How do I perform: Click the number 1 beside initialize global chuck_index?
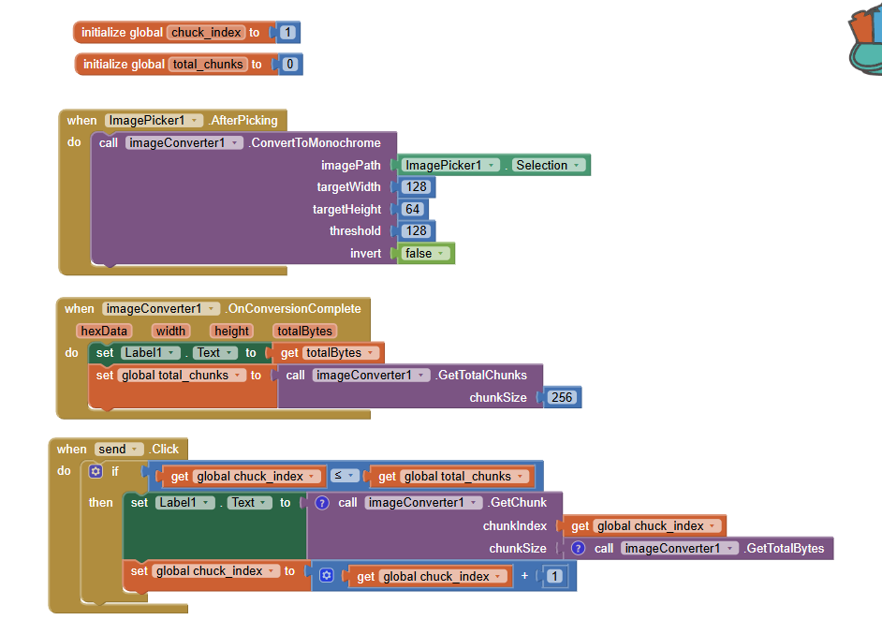click(x=287, y=33)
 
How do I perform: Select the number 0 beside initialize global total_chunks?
click(x=289, y=65)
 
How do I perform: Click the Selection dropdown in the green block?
click(x=549, y=165)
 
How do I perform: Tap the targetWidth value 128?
click(x=416, y=186)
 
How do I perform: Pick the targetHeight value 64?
click(x=412, y=209)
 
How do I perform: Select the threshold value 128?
click(x=416, y=230)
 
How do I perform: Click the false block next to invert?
click(x=425, y=253)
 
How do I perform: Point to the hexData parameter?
click(x=104, y=331)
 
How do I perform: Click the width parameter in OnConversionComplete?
click(x=170, y=331)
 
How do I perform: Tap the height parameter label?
click(x=230, y=331)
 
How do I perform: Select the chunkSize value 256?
click(x=562, y=397)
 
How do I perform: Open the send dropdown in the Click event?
click(x=119, y=450)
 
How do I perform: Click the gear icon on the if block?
click(x=95, y=472)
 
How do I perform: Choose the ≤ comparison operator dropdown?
click(x=344, y=476)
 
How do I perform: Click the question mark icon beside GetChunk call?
click(x=322, y=503)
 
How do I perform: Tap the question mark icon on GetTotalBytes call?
click(x=578, y=548)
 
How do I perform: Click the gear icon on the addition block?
click(x=326, y=576)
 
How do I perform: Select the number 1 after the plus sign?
click(x=554, y=576)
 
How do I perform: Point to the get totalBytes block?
click(x=328, y=353)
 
